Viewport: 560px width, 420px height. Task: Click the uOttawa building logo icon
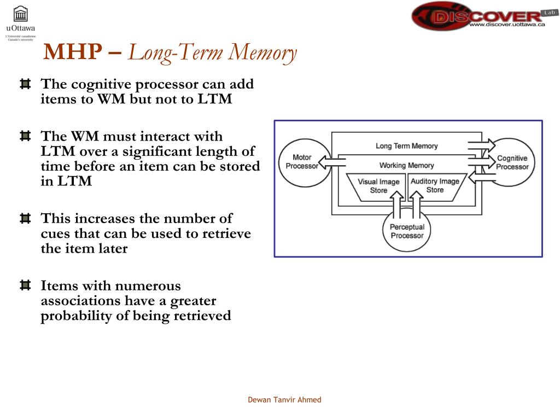click(20, 14)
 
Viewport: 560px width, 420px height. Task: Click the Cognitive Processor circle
click(512, 162)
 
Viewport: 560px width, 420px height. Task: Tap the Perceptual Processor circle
click(407, 231)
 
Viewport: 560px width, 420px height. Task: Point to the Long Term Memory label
click(406, 146)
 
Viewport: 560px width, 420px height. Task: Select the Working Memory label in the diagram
click(406, 165)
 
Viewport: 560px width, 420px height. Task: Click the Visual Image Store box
click(378, 186)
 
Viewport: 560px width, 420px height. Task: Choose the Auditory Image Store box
click(435, 185)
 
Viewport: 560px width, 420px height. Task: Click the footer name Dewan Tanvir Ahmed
click(284, 400)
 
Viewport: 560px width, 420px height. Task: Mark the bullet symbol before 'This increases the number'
click(25, 219)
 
